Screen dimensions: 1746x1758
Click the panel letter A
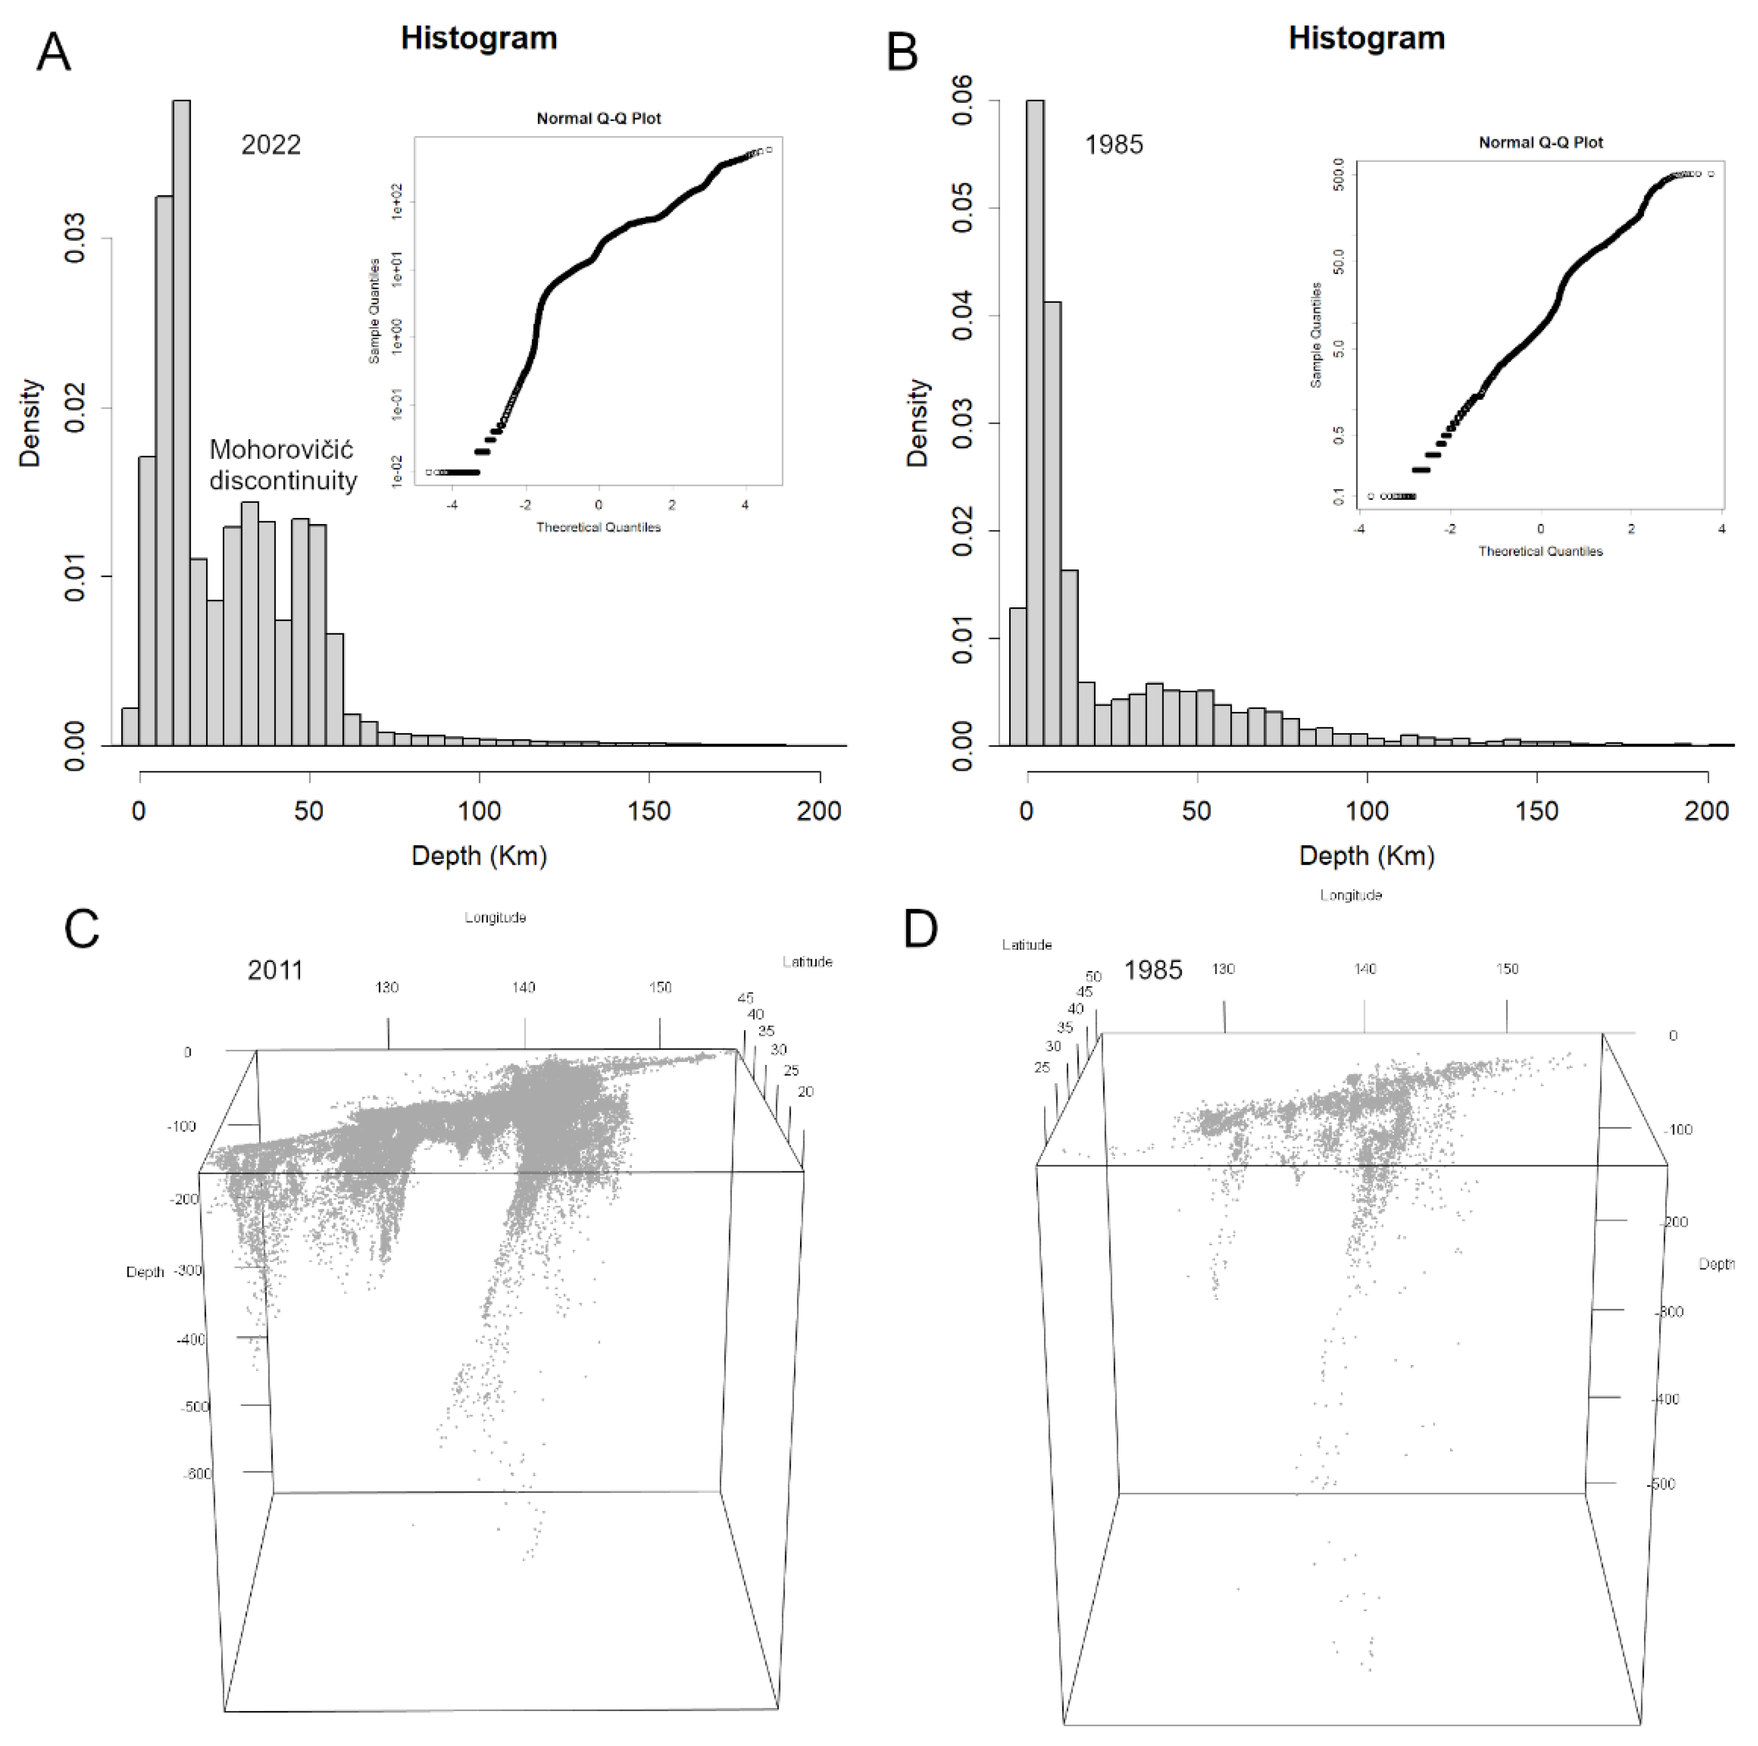pos(53,53)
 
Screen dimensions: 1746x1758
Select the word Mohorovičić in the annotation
pos(281,450)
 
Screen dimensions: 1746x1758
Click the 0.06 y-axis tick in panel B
pos(963,101)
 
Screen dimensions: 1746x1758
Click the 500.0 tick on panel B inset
pos(1337,174)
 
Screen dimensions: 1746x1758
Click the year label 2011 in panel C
pos(275,970)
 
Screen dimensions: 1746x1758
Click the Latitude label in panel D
pos(1026,945)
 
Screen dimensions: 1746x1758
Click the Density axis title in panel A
pos(31,423)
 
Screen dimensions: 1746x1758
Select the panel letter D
pos(920,930)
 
